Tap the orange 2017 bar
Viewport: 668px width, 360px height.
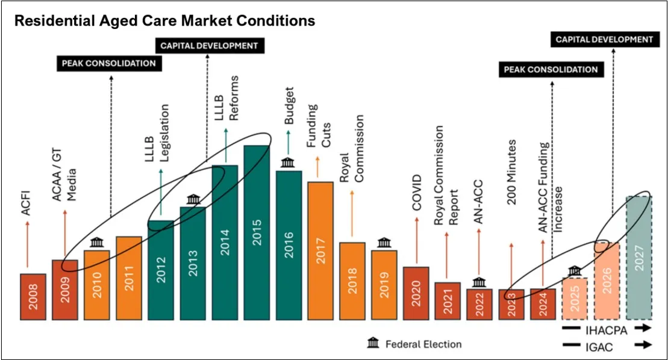320,250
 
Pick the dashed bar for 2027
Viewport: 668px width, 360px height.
639,258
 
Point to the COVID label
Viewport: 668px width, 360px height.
416,192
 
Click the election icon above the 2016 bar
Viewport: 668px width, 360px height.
288,163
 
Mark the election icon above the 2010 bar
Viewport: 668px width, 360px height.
96,243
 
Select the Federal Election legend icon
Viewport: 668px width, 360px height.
373,344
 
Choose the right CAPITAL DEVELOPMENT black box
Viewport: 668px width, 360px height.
604,40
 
